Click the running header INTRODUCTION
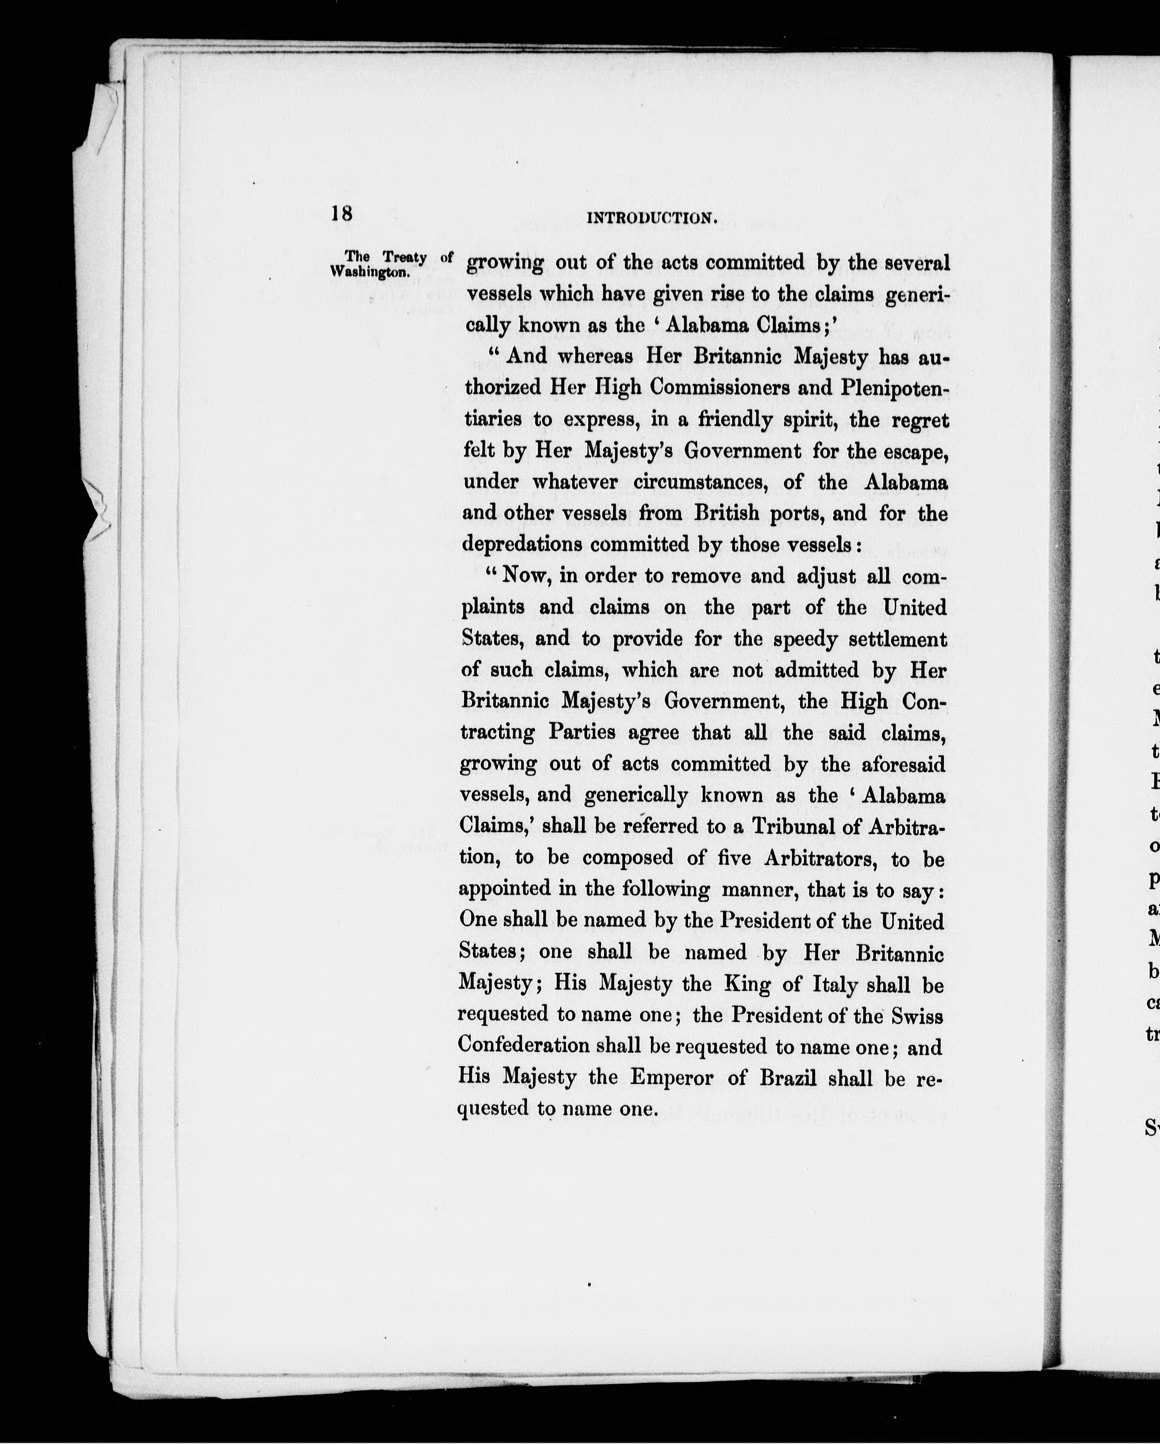(652, 218)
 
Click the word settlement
(897, 639)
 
